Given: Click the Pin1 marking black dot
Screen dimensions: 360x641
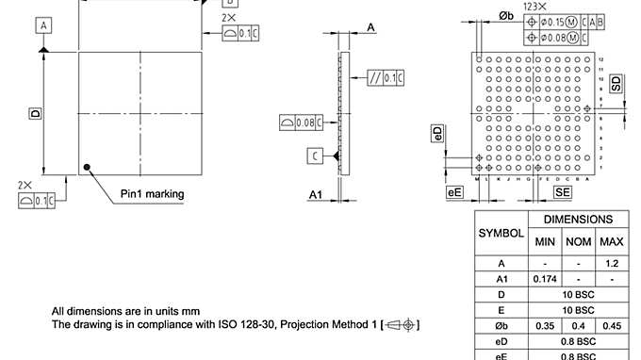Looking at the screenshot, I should point(87,168).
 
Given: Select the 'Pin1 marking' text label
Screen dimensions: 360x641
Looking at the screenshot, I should point(152,194).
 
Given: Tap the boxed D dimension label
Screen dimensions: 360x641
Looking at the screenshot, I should point(35,113).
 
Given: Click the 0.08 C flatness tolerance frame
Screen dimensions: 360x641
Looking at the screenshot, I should point(302,122).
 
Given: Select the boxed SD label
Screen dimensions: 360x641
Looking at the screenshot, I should point(616,83).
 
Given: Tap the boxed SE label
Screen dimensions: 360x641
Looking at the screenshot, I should point(563,192).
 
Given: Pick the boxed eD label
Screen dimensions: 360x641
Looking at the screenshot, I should point(436,133).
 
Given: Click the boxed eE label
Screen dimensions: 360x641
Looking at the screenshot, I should point(455,192).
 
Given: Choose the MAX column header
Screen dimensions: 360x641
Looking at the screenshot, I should point(612,241).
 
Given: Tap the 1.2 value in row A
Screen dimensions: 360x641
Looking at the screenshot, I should point(612,263).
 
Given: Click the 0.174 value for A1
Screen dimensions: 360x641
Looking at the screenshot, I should point(545,279).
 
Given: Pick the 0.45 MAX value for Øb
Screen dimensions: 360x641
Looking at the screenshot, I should point(612,325).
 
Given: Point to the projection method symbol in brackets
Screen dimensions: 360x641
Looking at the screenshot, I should point(401,325).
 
